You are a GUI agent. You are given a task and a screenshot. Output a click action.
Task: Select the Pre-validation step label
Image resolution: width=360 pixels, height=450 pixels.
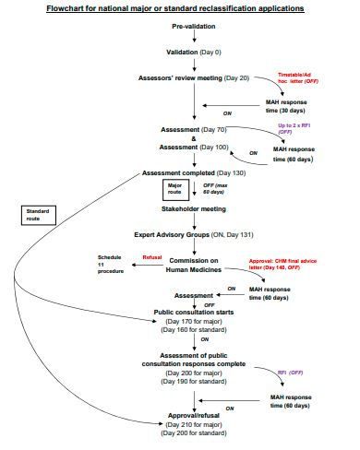(193, 27)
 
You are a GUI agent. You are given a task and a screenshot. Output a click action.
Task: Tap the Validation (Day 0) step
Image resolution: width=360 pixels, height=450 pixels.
(193, 52)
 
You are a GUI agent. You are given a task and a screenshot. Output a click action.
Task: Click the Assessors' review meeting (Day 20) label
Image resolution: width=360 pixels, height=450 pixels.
(197, 78)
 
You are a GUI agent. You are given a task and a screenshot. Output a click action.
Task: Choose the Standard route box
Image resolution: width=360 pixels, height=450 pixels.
(39, 216)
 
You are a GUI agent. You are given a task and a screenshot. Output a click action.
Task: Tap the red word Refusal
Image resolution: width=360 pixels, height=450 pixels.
(152, 258)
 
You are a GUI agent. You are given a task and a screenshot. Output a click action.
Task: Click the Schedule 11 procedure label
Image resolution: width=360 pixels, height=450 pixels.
(111, 266)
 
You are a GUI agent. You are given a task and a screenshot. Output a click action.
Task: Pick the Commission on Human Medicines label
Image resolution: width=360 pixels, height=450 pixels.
(193, 266)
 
